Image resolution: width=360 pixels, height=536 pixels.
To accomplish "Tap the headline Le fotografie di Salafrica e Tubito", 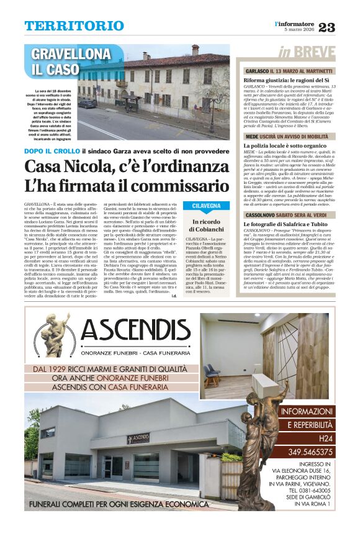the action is click(285, 224).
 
